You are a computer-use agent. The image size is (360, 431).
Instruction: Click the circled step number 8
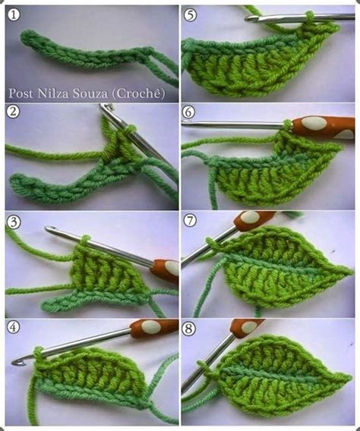191,329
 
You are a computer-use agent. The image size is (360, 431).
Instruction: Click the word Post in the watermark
21,93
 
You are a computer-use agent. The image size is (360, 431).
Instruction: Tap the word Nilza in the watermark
52,93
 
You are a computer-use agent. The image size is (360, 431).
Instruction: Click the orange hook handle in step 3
164,268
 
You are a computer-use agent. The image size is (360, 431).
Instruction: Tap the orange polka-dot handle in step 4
154,328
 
